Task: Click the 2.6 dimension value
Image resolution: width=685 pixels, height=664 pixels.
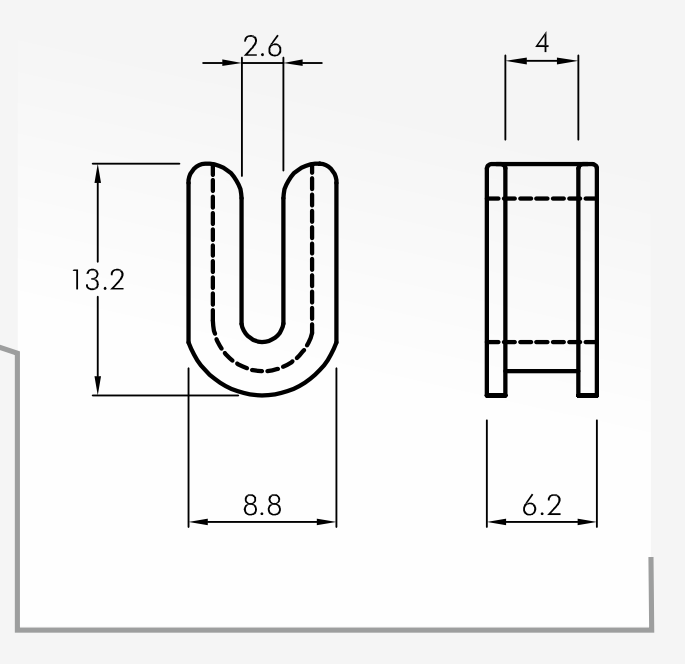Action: (262, 47)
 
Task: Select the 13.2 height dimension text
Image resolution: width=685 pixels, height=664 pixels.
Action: (97, 280)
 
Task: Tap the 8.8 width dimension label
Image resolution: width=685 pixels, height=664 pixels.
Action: (262, 505)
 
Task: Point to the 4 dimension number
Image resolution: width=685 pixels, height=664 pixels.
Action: (542, 43)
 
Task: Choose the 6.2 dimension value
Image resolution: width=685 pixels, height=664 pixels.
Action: (542, 505)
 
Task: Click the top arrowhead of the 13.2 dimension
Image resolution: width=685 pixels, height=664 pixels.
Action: (97, 174)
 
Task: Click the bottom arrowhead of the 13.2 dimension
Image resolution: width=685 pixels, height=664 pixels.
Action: (97, 385)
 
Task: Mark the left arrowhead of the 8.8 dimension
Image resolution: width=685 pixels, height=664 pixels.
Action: (198, 522)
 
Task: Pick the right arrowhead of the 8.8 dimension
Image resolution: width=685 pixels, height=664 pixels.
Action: (326, 522)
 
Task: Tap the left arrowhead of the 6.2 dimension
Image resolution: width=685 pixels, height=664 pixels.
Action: (497, 522)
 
